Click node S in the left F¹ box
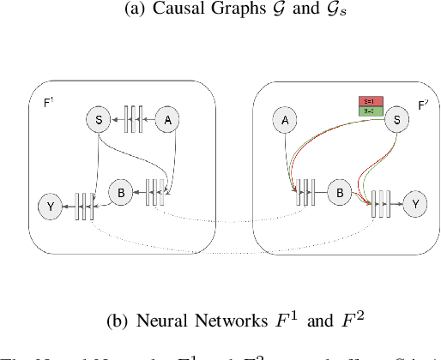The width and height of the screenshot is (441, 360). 100,121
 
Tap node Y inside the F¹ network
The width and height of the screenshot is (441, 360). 51,206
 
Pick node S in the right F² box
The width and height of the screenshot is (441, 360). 396,121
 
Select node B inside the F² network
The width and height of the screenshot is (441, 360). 340,194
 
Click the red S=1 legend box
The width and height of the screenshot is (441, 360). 370,101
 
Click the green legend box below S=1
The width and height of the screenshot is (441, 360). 370,111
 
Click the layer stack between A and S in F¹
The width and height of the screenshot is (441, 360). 132,121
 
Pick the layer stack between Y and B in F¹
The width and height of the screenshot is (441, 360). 83,206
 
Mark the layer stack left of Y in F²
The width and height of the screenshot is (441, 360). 381,205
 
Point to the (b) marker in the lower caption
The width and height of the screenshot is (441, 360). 117,322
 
